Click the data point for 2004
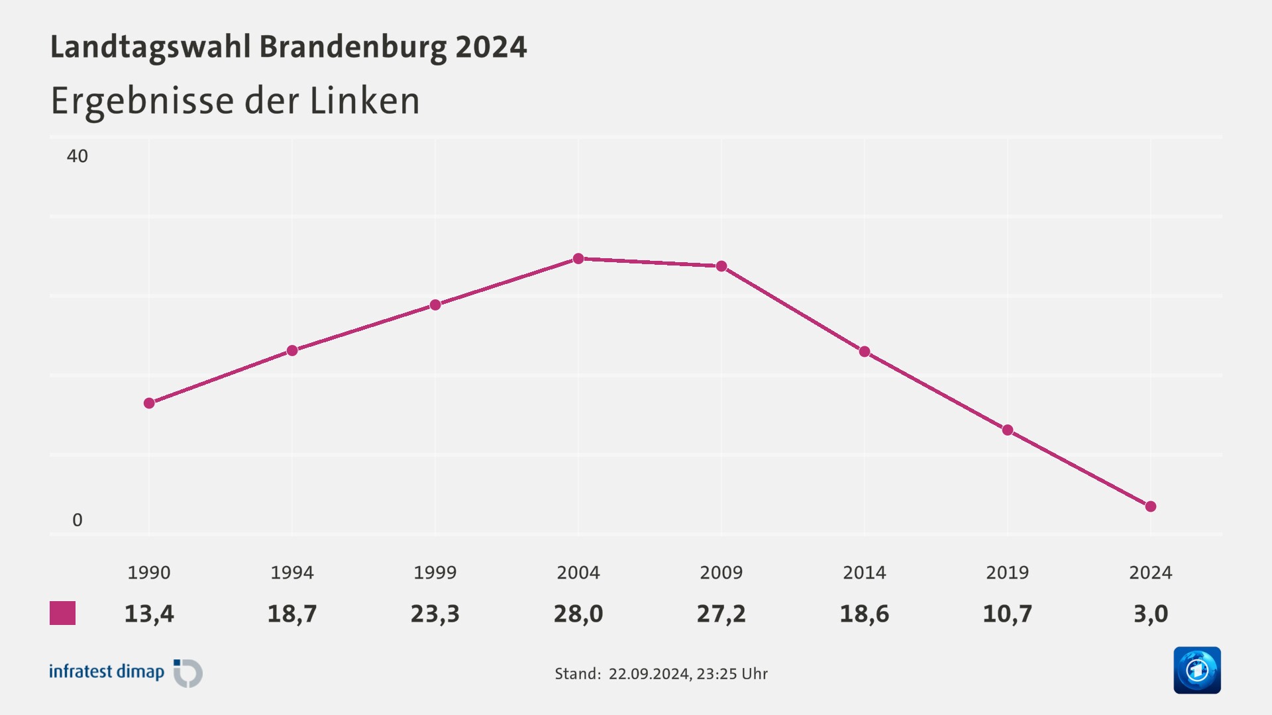(x=578, y=258)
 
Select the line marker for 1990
(x=149, y=403)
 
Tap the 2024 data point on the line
(x=1151, y=506)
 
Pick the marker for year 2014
(x=865, y=352)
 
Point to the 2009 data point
(x=721, y=266)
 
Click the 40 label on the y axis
(x=77, y=156)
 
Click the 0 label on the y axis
(x=77, y=520)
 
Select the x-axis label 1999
(x=435, y=573)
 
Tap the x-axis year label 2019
(x=1007, y=573)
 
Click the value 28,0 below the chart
(x=578, y=614)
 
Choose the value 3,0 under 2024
(x=1151, y=614)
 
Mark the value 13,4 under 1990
(x=149, y=614)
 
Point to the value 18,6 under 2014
(x=865, y=614)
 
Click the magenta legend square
(x=63, y=613)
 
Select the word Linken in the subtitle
(x=364, y=101)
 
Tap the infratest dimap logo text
(x=107, y=672)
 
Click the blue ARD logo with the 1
(x=1196, y=670)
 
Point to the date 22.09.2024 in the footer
(x=649, y=674)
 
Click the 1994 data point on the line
(x=292, y=350)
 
